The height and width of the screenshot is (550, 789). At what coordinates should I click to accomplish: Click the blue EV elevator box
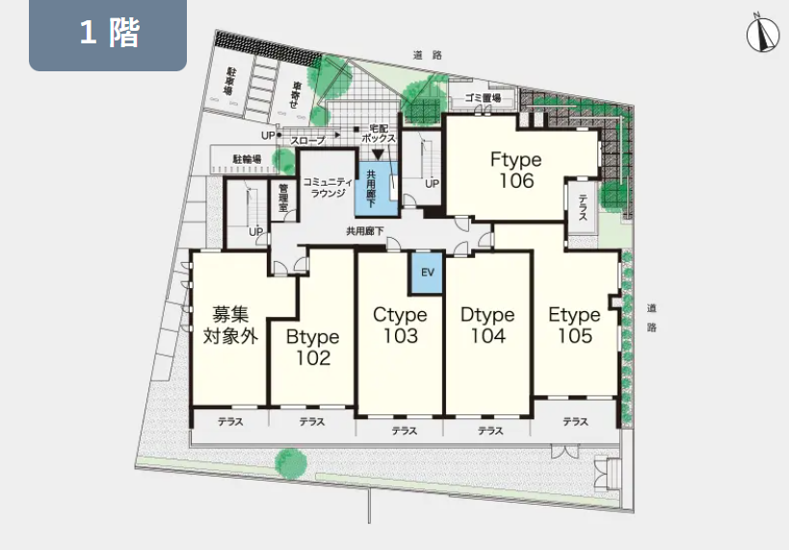click(427, 273)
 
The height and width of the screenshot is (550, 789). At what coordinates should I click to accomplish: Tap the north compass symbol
click(762, 35)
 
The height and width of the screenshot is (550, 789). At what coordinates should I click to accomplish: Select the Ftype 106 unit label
click(516, 170)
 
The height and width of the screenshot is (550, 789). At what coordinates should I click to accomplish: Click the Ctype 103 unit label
click(400, 325)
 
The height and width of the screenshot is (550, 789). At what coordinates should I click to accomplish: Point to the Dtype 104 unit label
click(487, 325)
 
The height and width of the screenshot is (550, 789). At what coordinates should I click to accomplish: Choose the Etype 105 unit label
click(574, 325)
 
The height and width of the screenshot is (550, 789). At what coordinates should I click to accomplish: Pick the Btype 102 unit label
click(312, 347)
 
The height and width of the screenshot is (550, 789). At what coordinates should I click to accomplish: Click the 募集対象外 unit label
click(230, 325)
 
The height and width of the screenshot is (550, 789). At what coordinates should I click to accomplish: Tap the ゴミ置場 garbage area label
click(483, 98)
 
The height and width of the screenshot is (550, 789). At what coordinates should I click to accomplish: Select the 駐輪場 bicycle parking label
click(247, 160)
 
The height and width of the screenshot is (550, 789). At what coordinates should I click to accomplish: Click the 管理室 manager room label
click(283, 197)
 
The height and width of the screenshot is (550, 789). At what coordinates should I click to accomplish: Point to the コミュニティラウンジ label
click(328, 187)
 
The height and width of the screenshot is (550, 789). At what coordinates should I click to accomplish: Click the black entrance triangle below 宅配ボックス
click(378, 154)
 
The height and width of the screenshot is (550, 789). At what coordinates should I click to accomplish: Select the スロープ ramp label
click(307, 141)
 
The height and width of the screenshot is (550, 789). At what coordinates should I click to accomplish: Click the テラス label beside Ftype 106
click(583, 207)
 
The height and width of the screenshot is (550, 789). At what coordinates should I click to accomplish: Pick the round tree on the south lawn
click(291, 463)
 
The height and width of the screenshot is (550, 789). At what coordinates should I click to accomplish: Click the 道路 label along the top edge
click(428, 55)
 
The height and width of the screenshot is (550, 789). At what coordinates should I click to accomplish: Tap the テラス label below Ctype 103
click(404, 431)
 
